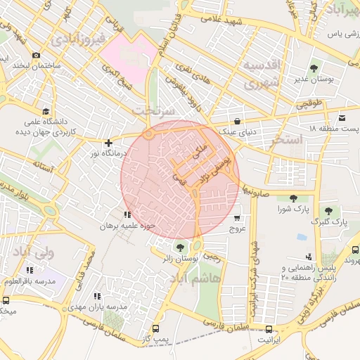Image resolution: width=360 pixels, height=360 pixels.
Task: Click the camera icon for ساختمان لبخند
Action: [36, 55]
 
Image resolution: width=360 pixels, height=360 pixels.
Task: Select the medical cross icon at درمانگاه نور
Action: [108, 143]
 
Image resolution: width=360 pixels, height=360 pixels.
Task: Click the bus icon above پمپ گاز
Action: [155, 328]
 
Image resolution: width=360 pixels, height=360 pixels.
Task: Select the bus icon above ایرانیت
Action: [269, 328]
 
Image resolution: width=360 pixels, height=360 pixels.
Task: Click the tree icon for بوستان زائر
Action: [181, 247]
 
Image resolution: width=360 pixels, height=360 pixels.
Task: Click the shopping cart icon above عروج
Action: [237, 217]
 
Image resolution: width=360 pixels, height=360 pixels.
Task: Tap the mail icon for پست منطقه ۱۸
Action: [342, 117]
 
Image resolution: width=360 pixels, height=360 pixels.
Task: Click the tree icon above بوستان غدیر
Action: [314, 68]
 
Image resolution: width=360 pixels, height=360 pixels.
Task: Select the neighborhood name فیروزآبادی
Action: [77, 36]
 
